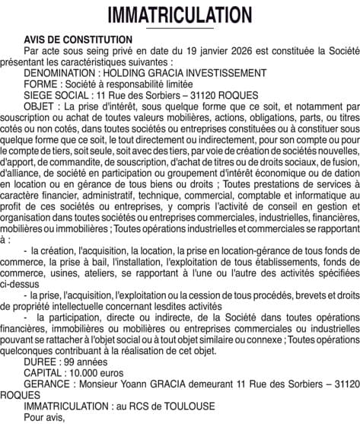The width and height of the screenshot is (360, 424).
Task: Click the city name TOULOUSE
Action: click(x=191, y=406)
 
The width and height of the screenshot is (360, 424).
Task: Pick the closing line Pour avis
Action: click(x=45, y=417)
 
